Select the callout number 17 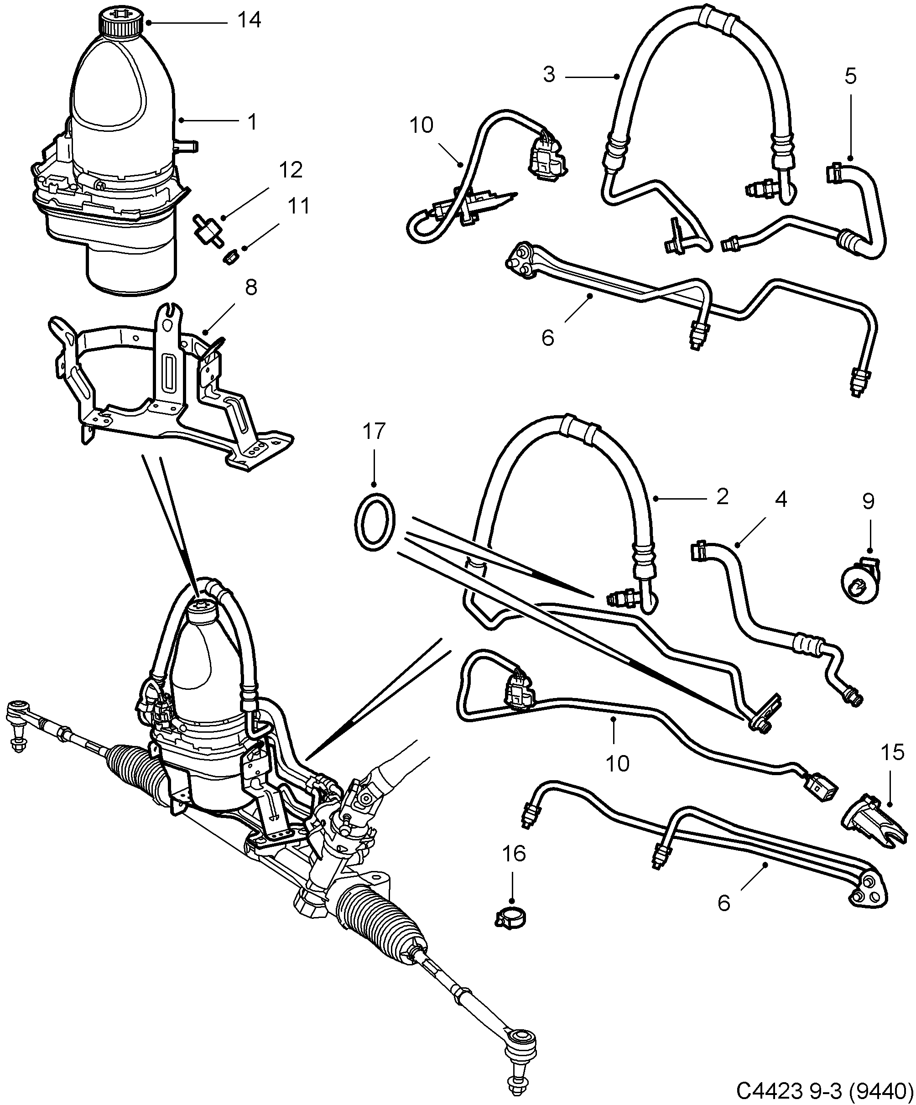[x=374, y=432]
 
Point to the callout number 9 [x=868, y=501]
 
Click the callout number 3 [x=549, y=75]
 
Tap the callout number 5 [x=850, y=76]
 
